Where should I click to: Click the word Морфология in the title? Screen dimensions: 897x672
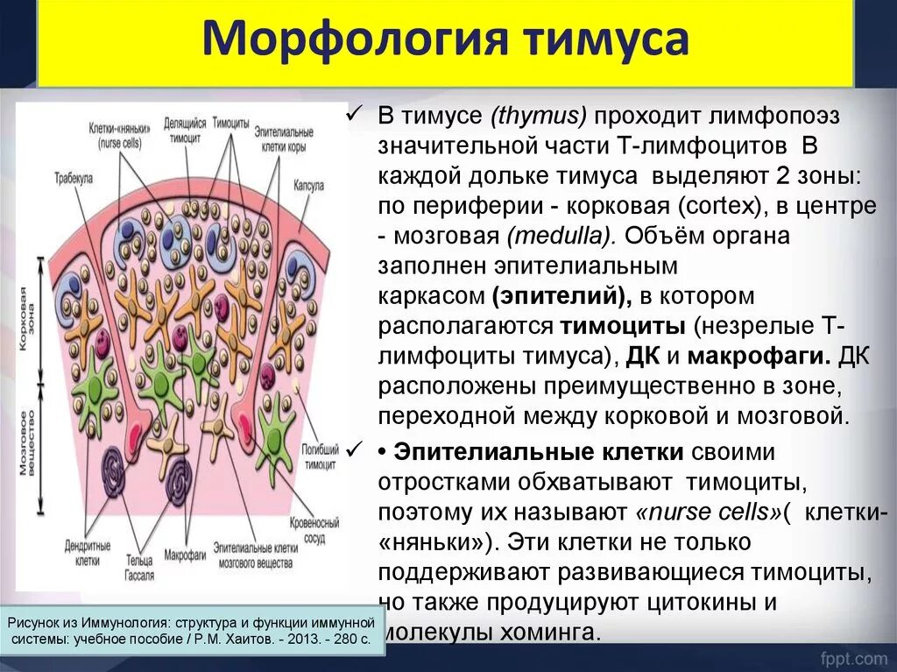click(338, 43)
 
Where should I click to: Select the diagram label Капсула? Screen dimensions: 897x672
click(310, 186)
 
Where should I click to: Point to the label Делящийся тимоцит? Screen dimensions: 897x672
click(185, 131)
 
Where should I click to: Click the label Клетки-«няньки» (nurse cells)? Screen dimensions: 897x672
click(119, 133)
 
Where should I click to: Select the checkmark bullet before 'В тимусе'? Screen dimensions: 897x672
click(355, 116)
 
